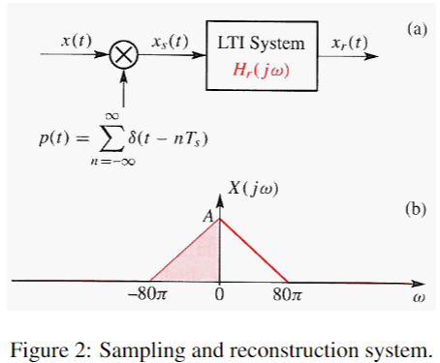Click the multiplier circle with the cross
point(123,58)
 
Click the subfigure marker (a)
point(417,29)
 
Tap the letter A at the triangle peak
point(206,218)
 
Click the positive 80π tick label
point(288,296)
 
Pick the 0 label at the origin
point(220,296)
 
